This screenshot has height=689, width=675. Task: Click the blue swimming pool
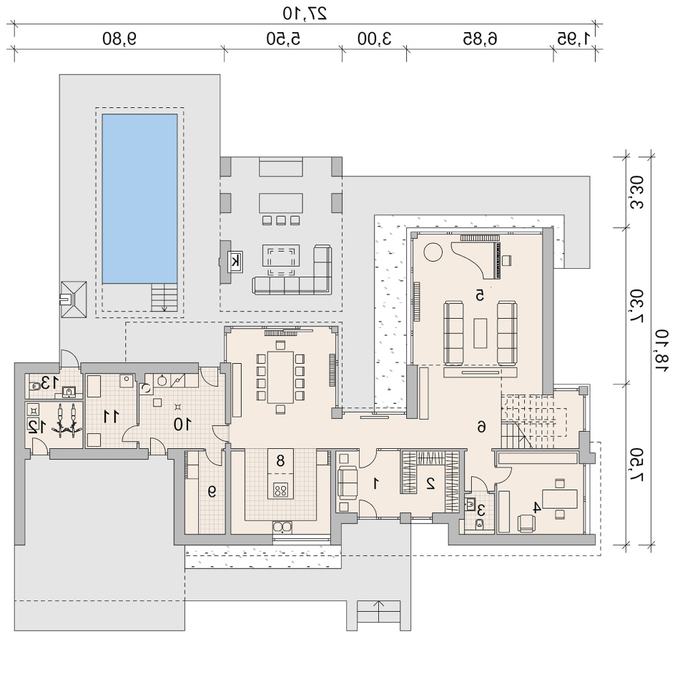point(140,199)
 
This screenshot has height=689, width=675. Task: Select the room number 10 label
point(182,424)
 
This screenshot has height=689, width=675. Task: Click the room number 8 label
point(280,460)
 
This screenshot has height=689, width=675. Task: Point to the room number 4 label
point(536,508)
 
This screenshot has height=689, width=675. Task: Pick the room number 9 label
point(212,492)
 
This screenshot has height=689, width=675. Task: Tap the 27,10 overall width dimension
point(305,13)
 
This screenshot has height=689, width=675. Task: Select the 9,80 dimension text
point(119,39)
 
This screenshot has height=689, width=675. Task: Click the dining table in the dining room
point(280,377)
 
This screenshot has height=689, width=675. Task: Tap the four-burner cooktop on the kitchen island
point(280,490)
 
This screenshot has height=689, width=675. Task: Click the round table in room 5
point(433,252)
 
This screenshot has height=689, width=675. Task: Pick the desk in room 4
point(559,499)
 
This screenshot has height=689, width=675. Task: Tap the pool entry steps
point(164,297)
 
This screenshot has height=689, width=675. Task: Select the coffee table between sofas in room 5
point(481,333)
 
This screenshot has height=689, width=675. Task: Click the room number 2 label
point(430,483)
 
